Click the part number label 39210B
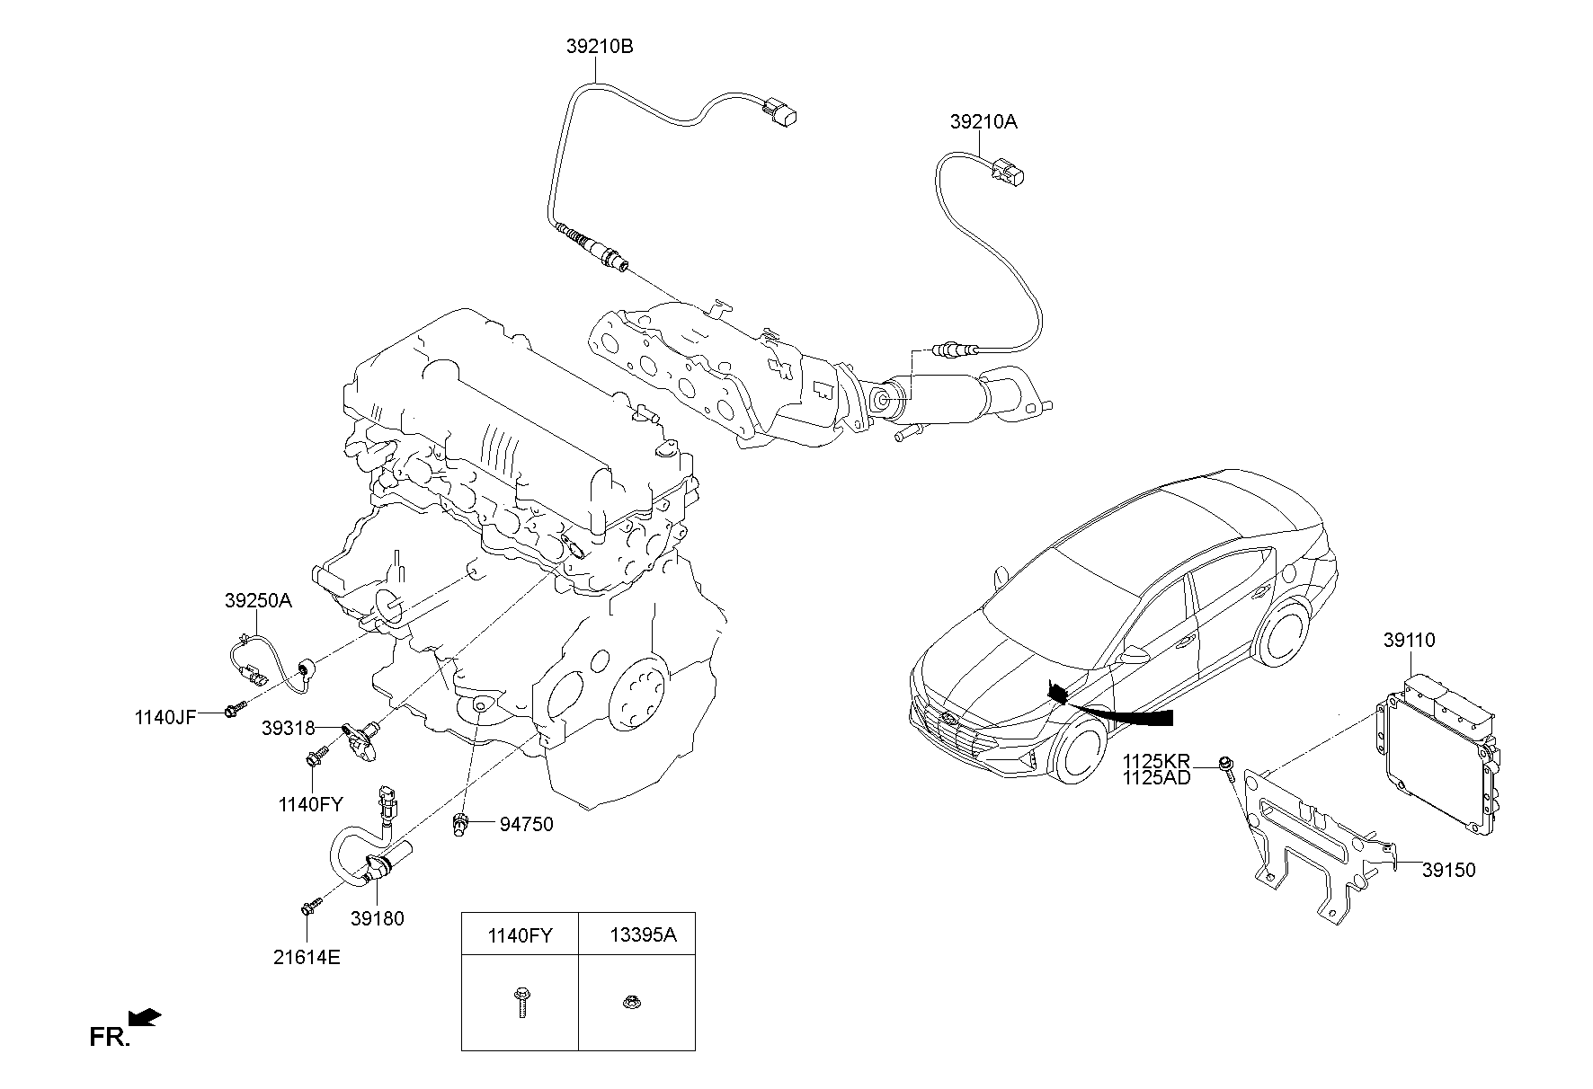pyautogui.click(x=599, y=46)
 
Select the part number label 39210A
pyautogui.click(x=983, y=122)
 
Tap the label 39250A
pyautogui.click(x=258, y=601)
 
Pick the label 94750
pyautogui.click(x=528, y=824)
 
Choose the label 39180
pyautogui.click(x=377, y=919)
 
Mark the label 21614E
pyautogui.click(x=307, y=958)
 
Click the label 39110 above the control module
pyautogui.click(x=1409, y=641)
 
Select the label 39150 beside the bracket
pyautogui.click(x=1449, y=870)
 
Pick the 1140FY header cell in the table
pyautogui.click(x=520, y=935)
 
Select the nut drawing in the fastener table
pyautogui.click(x=630, y=1001)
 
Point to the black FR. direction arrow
pyautogui.click(x=144, y=1017)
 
